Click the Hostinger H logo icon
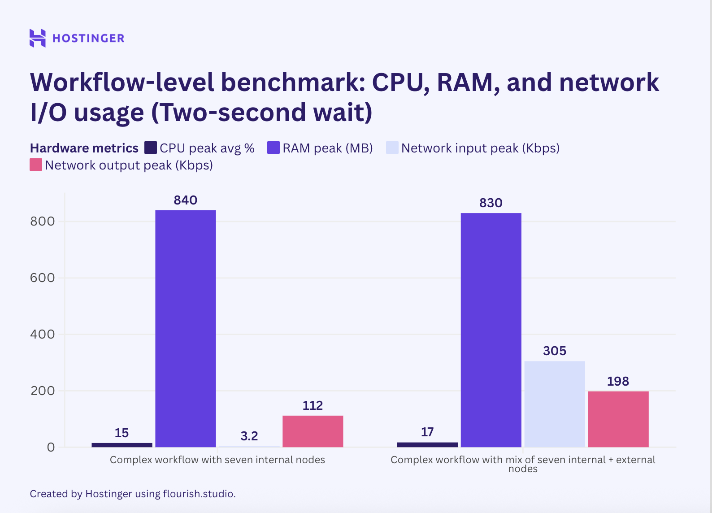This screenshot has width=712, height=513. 38,38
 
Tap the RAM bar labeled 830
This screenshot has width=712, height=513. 491,330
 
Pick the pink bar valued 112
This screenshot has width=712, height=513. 313,431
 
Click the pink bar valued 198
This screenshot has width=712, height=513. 618,419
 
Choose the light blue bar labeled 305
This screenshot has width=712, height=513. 555,404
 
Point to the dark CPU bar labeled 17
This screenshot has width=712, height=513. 427,444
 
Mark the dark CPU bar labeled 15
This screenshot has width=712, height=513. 122,445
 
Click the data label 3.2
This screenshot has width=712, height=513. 249,436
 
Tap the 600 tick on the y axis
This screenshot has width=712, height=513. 42,278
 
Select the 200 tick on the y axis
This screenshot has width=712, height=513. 42,391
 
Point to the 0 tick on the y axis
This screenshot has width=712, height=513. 51,447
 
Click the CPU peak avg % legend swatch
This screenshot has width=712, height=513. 151,148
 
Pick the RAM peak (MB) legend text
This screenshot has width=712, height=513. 327,148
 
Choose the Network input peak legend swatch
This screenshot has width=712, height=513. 392,148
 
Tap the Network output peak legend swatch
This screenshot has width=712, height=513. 36,165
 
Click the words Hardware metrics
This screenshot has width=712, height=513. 84,148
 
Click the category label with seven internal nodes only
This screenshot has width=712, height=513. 217,460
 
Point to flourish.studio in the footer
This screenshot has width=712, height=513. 199,494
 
